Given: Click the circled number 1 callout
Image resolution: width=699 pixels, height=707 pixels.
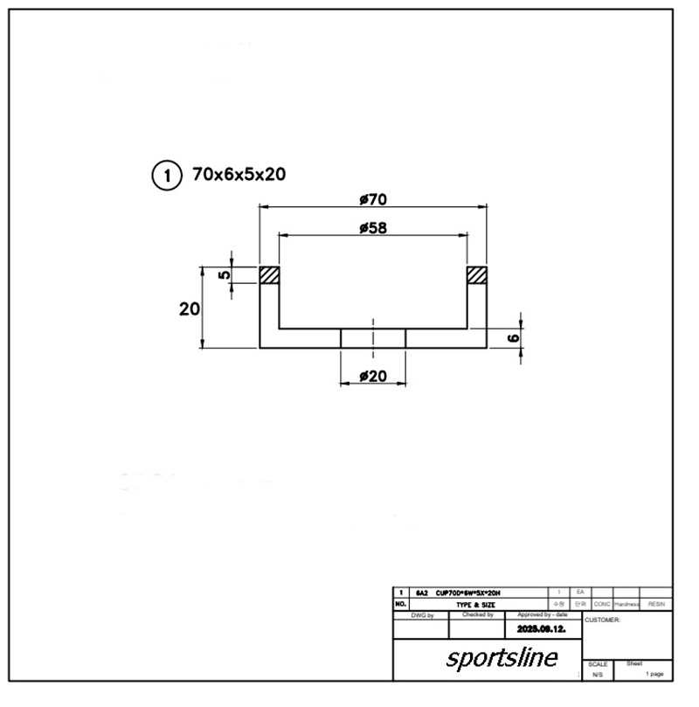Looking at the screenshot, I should point(165,175).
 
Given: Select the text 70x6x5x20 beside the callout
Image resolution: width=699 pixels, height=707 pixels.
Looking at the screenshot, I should point(239,175).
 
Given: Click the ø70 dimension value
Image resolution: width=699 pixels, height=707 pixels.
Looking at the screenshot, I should point(373,199).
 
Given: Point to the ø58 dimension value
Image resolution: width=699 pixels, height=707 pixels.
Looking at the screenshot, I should point(373,228).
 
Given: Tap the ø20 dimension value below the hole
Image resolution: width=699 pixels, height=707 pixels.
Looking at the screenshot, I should point(373,377).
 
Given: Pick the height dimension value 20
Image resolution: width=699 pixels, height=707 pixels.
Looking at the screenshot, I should point(190,309).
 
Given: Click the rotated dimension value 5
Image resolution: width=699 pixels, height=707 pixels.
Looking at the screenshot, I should point(225,274).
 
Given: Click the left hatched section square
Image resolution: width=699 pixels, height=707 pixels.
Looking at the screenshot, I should point(269,275).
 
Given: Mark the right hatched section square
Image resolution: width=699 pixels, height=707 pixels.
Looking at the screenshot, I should point(476,275).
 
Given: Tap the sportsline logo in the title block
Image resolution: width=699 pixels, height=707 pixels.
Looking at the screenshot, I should point(502,657).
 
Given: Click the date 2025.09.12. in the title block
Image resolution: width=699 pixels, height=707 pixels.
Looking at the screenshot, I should point(541,628).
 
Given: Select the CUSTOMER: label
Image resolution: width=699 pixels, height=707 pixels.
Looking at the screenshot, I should point(603,620).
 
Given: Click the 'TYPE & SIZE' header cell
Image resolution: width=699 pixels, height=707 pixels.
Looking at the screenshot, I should point(475,604).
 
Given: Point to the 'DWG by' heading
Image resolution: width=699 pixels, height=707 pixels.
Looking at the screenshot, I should point(421,615).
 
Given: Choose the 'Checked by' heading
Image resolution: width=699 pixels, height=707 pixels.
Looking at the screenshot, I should point(478,615).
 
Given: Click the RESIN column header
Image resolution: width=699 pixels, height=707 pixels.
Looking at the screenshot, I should point(657,604).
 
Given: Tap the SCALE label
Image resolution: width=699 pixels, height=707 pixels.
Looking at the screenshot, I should point(598,665).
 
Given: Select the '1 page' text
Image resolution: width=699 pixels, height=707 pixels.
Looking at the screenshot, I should point(654,675).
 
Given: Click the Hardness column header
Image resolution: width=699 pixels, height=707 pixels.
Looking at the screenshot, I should point(627,604).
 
